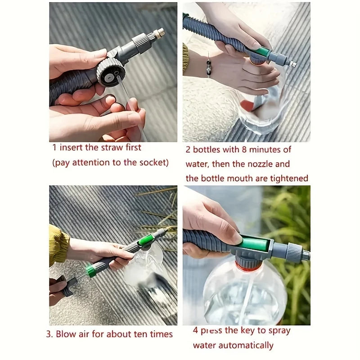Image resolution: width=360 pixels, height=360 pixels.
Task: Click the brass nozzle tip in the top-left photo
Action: click(x=158, y=33)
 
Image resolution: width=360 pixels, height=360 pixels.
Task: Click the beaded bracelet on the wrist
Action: click(x=208, y=66)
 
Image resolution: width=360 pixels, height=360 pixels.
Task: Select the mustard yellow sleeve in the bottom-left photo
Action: click(x=58, y=245)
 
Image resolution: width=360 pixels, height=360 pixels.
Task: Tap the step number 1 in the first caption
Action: click(x=54, y=148)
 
